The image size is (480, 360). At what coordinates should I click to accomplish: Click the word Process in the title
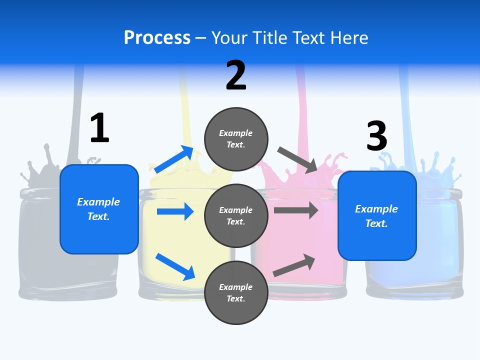[x=157, y=38]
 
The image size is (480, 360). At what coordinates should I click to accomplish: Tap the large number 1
[x=99, y=128]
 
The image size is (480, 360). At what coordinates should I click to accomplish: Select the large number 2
[x=236, y=75]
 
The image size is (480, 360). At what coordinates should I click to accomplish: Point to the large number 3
[x=376, y=136]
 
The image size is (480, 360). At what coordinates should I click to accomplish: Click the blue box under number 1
[x=99, y=209]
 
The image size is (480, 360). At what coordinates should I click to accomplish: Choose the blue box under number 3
[x=377, y=216]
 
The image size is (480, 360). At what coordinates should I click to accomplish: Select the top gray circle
[x=236, y=139]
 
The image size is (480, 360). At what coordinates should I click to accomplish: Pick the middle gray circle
[x=236, y=215]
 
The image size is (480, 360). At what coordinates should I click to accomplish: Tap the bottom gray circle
[x=236, y=292]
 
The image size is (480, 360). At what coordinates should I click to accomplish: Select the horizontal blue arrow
[x=175, y=211]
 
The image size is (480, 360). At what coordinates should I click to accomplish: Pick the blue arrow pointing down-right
[x=175, y=266]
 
